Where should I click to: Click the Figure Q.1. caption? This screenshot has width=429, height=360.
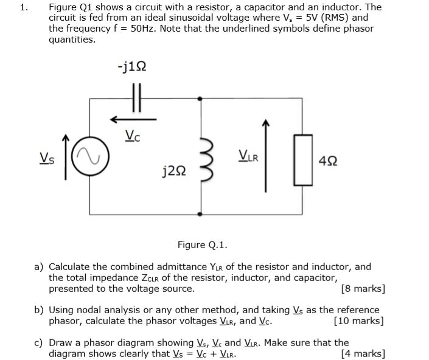[202, 245]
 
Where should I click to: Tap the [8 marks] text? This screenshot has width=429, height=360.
[363, 289]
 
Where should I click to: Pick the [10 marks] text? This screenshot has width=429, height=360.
[359, 321]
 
